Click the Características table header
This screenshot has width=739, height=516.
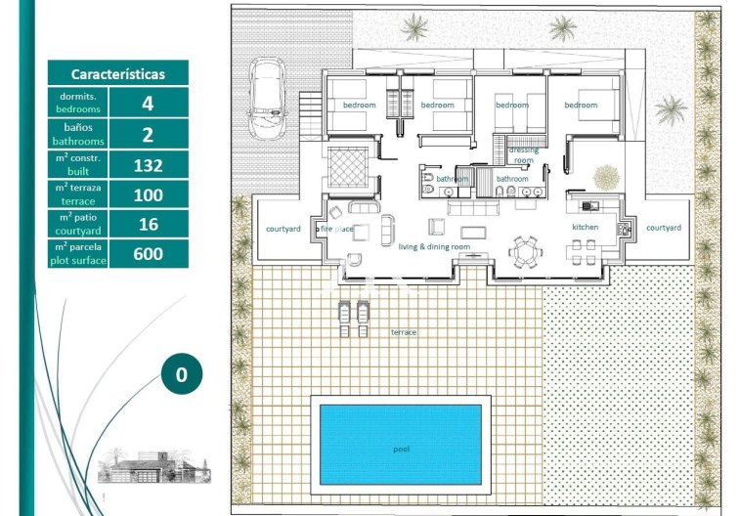pos(117,73)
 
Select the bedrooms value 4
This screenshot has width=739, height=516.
pos(148,103)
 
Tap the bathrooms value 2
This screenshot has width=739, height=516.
pos(148,134)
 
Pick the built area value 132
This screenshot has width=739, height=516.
pos(148,164)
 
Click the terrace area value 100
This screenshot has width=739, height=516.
pos(148,194)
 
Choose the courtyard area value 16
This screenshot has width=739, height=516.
pos(148,224)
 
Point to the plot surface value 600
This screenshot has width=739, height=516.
pos(148,254)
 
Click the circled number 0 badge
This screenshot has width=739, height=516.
pos(181,373)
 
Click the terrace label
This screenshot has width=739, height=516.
pos(404,332)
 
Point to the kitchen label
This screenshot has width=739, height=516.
pos(586,227)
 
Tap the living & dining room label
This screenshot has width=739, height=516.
pos(434,247)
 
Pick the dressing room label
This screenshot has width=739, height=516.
pos(524,155)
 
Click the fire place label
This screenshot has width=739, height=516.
pos(336,229)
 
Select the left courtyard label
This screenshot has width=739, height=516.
pos(283,229)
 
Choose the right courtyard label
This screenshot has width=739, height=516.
pos(663,227)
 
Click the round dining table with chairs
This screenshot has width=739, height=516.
pos(527,252)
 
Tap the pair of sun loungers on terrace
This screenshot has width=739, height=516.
pos(354,316)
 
